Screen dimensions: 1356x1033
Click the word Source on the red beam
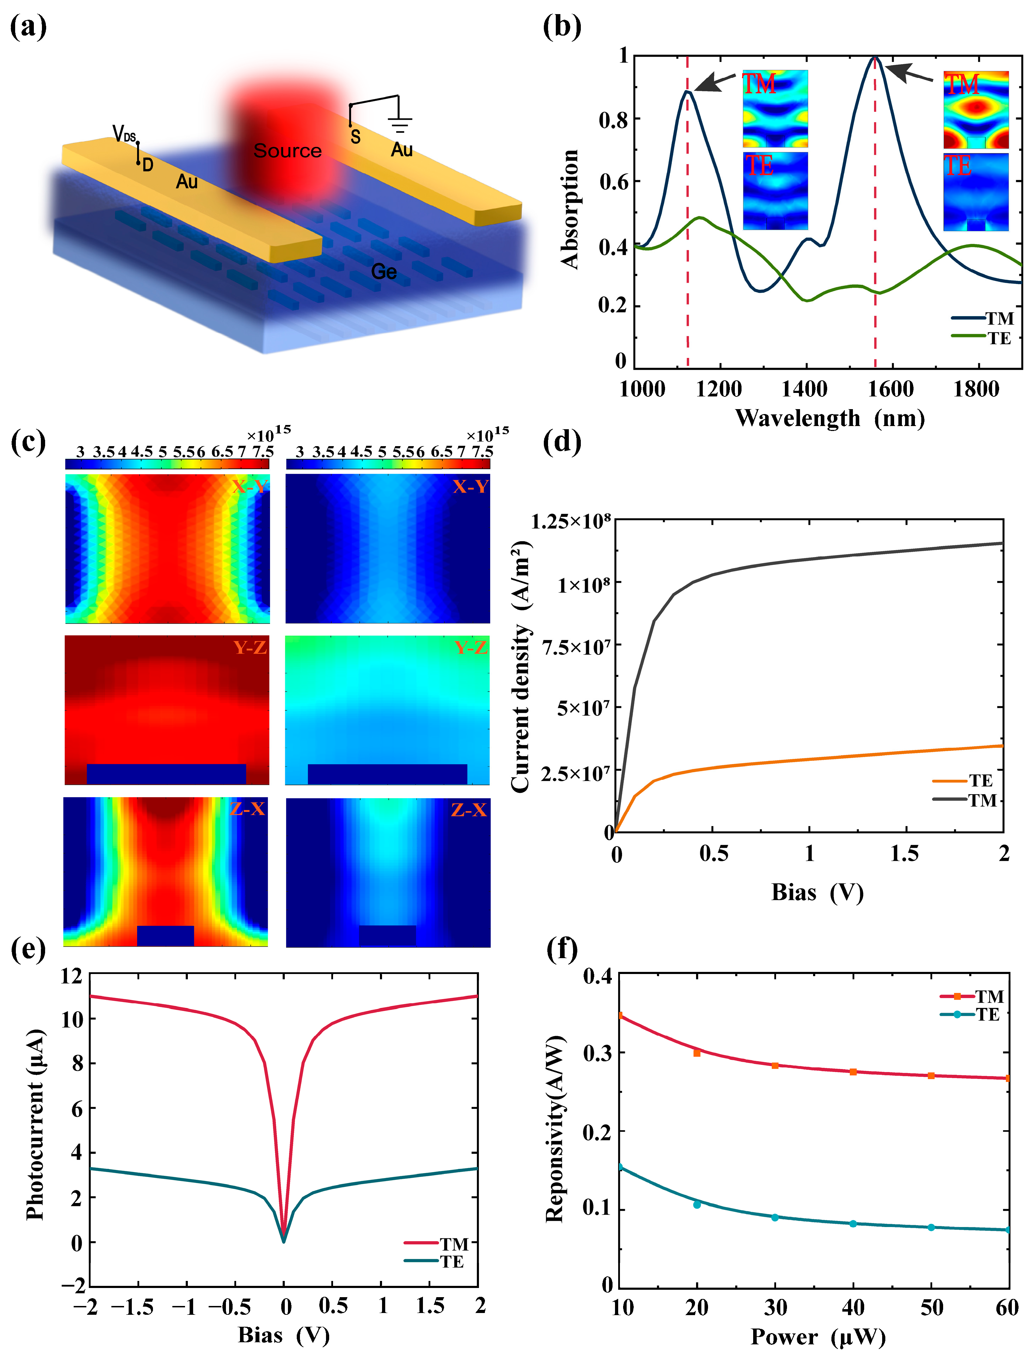pyautogui.click(x=287, y=150)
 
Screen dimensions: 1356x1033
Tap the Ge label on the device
pyautogui.click(x=384, y=272)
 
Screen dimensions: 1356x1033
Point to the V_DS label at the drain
pyautogui.click(x=124, y=134)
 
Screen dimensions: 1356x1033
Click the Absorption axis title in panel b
pyautogui.click(x=570, y=209)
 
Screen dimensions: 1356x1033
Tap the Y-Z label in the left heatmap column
pyautogui.click(x=250, y=647)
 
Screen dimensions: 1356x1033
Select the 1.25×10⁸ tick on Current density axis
pyautogui.click(x=571, y=521)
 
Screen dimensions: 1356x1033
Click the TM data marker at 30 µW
pyautogui.click(x=775, y=1065)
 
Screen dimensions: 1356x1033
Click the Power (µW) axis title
pyautogui.click(x=818, y=1337)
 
